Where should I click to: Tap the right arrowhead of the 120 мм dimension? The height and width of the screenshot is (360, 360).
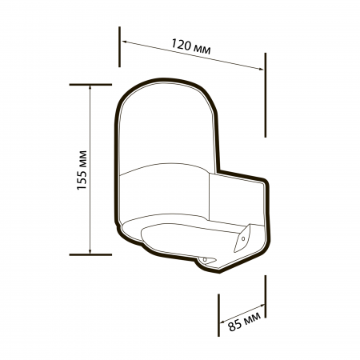[x=262, y=69]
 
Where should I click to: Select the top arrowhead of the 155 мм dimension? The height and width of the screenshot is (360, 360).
[x=90, y=86]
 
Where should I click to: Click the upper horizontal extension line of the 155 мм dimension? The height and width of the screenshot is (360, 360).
[x=90, y=83]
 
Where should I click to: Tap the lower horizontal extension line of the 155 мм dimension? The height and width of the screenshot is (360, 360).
[x=90, y=254]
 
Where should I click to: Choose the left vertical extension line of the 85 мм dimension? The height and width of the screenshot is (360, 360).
[x=218, y=315]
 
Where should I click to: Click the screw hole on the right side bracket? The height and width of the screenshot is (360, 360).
[x=242, y=238]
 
